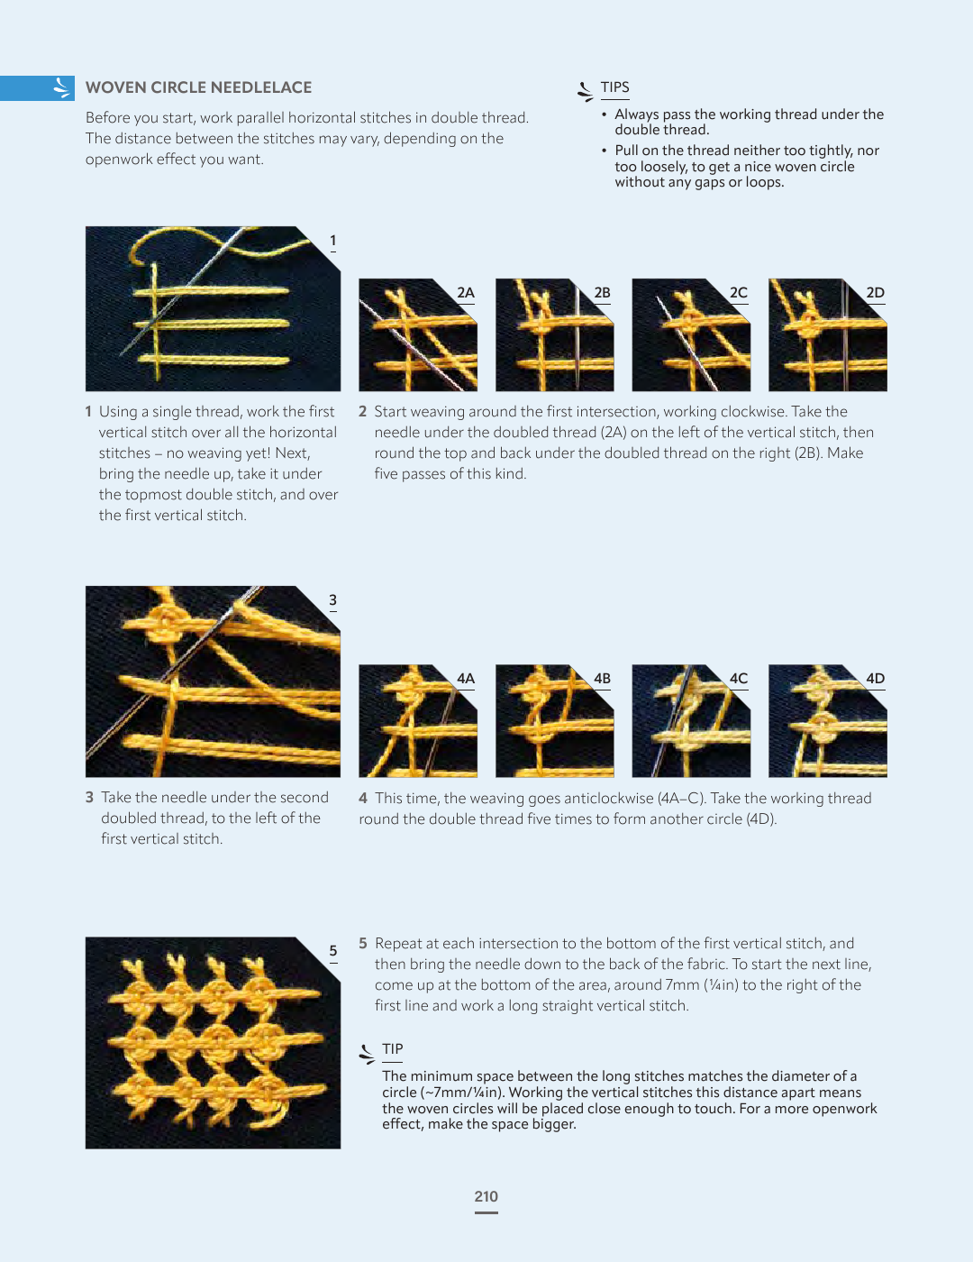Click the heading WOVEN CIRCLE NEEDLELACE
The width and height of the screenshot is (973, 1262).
coord(198,87)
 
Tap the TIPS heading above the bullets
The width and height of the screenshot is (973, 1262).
coord(614,87)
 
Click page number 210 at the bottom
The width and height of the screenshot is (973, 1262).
coord(486,1196)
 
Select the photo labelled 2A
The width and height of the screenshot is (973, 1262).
coord(418,334)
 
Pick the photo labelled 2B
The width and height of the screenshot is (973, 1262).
coord(555,334)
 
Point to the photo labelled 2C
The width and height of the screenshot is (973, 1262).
coord(691,334)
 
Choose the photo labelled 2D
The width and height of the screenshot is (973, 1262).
coord(828,334)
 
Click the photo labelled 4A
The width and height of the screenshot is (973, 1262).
coord(418,721)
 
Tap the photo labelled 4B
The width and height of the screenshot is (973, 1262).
coord(555,721)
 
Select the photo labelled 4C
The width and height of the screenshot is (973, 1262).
coord(691,721)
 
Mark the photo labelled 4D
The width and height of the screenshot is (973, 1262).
coord(828,721)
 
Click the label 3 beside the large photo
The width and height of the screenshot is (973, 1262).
coord(333,600)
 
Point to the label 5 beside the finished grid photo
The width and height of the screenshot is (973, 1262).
coord(333,951)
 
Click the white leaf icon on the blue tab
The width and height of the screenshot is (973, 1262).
coord(61,87)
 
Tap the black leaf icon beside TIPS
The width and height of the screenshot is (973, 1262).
coord(586,92)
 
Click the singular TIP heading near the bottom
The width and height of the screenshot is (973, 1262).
coord(392,1049)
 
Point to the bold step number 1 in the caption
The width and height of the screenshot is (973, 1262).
coord(88,412)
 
